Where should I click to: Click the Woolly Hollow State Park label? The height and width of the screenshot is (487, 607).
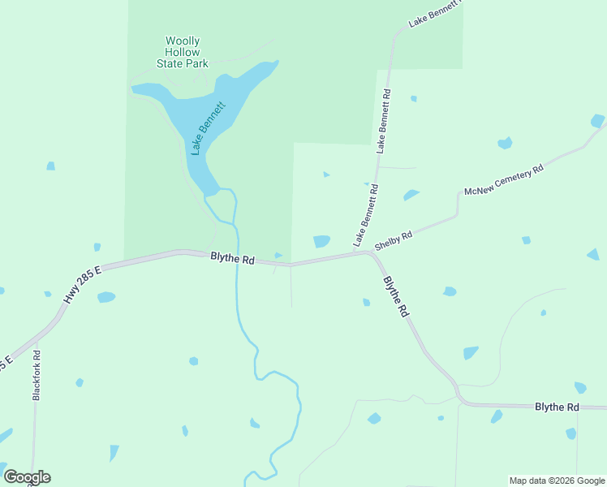click(x=183, y=52)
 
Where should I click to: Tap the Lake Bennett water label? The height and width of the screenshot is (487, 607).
click(x=208, y=128)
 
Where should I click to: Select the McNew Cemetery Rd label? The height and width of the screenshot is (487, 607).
click(x=502, y=180)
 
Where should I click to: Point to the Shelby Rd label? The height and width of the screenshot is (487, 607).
click(x=394, y=239)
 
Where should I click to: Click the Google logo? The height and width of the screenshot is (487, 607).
click(x=27, y=477)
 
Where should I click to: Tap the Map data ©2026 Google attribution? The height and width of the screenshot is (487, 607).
click(x=557, y=481)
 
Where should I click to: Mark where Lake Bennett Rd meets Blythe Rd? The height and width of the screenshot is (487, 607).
click(x=368, y=252)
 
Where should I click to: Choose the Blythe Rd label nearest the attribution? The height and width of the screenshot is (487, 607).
click(x=557, y=407)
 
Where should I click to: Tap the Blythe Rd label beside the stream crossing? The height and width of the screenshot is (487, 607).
click(x=232, y=260)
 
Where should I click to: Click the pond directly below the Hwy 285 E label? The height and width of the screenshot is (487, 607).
click(x=105, y=298)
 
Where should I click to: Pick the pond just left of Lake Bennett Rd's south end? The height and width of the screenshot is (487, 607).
click(x=321, y=241)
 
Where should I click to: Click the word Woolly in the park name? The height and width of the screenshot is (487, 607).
click(x=183, y=41)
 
